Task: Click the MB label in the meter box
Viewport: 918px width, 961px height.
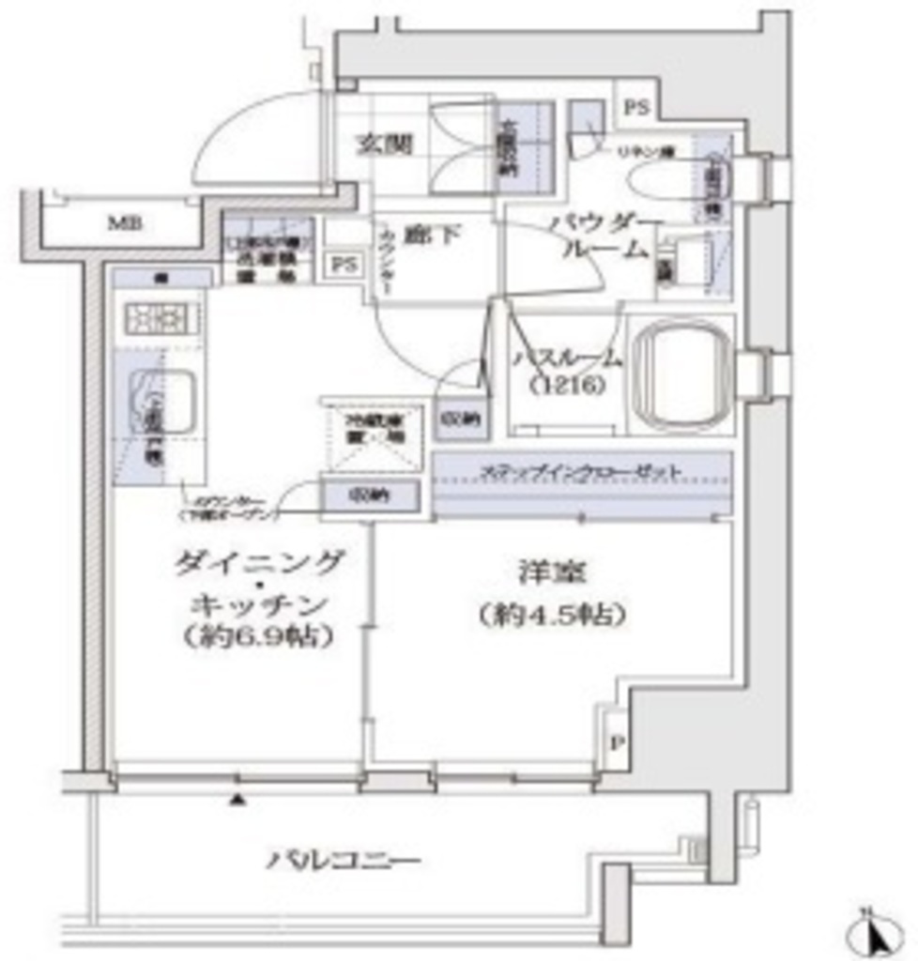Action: pos(119,223)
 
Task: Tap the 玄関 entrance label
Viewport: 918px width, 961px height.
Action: pos(383,145)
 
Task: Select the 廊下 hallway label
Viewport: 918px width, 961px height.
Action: pos(433,235)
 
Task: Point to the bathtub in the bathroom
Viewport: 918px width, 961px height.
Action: pos(680,374)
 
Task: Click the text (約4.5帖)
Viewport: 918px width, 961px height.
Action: pos(550,615)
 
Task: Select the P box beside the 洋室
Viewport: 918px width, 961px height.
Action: pos(616,742)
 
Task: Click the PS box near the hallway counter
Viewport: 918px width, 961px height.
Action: pos(344,265)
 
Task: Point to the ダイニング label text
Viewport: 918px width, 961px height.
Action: pos(260,563)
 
